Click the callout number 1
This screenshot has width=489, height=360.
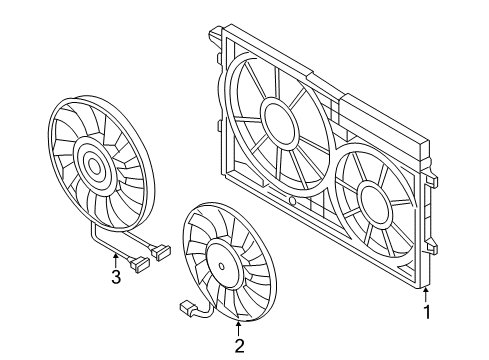pyautogui.click(x=427, y=310)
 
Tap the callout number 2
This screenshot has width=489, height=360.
pyautogui.click(x=239, y=346)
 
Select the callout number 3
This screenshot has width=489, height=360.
pyautogui.click(x=116, y=276)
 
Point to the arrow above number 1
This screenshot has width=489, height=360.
pyautogui.click(x=426, y=294)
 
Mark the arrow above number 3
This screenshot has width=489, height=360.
pyautogui.click(x=116, y=260)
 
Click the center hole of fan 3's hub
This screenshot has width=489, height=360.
pyautogui.click(x=95, y=167)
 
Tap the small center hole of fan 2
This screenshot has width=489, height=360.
pyautogui.click(x=222, y=266)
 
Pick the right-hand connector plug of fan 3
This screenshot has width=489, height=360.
pyautogui.click(x=161, y=252)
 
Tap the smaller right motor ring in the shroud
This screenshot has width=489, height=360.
pyautogui.click(x=374, y=205)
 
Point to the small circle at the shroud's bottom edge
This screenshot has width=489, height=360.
pyautogui.click(x=292, y=201)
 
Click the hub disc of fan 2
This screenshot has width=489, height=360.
pyautogui.click(x=222, y=266)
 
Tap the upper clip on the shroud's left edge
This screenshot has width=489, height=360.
pyautogui.click(x=218, y=58)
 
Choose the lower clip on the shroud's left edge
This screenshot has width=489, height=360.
pyautogui.click(x=218, y=126)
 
